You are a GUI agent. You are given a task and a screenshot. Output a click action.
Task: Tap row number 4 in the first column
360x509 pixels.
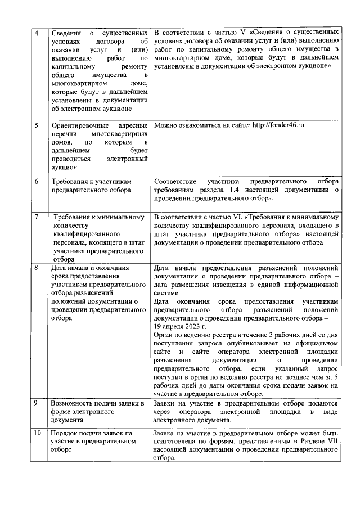pyautogui.click(x=37, y=33)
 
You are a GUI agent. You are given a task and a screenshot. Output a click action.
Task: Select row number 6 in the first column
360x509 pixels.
pyautogui.click(x=37, y=182)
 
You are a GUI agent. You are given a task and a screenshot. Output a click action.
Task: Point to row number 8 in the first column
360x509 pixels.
pyautogui.click(x=37, y=268)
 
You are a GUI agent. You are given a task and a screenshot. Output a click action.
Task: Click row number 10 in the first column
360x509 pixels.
pyautogui.click(x=38, y=433)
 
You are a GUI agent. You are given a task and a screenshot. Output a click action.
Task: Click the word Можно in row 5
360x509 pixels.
pyautogui.click(x=168, y=125)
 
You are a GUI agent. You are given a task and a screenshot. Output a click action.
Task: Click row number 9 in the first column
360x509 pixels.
pyautogui.click(x=37, y=403)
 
